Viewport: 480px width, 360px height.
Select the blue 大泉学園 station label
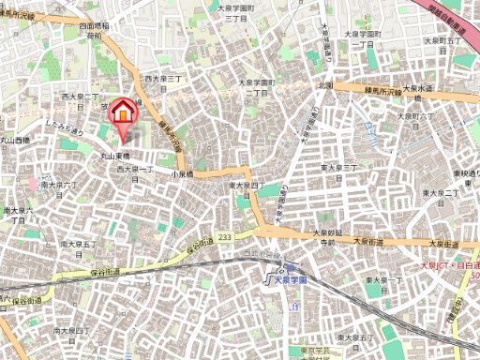[x=285, y=277]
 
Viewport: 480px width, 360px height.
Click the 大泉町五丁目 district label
[x=440, y=41]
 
